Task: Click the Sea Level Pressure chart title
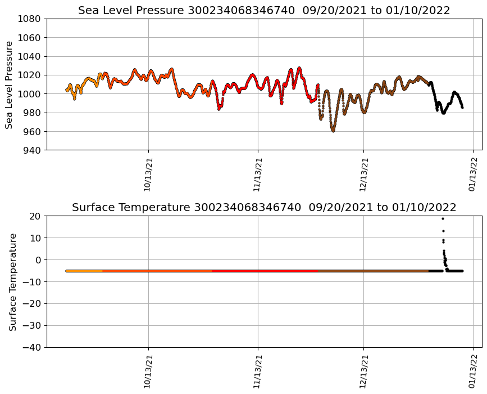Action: pos(264,11)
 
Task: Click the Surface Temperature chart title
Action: pos(264,208)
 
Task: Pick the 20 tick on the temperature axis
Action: pos(35,216)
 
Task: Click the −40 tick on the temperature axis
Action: pos(31,347)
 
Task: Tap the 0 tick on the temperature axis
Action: pos(38,260)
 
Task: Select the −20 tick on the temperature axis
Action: pos(31,304)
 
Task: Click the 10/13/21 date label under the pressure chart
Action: pos(149,174)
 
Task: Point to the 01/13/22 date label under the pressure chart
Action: pos(472,174)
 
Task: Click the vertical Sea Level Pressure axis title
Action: pos(9,84)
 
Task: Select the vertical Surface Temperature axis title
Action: pos(12,281)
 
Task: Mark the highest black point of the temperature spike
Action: pos(443,218)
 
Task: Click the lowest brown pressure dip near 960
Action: pos(333,131)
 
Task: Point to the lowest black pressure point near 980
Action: pos(443,113)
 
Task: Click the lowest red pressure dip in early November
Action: pos(219,109)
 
